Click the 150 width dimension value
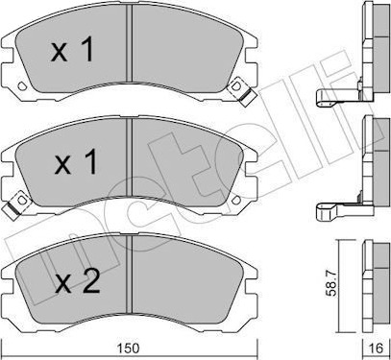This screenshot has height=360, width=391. (x=131, y=348)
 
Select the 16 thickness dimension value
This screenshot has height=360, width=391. (x=378, y=348)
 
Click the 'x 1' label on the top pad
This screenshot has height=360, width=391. (x=72, y=49)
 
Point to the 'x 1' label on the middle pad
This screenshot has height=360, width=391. (x=76, y=162)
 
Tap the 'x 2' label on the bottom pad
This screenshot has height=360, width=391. (x=77, y=280)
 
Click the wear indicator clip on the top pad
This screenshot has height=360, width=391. (x=242, y=92)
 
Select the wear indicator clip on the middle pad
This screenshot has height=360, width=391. (x=15, y=204)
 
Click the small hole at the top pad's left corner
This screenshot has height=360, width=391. (x=22, y=85)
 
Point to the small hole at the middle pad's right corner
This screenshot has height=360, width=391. (x=236, y=200)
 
